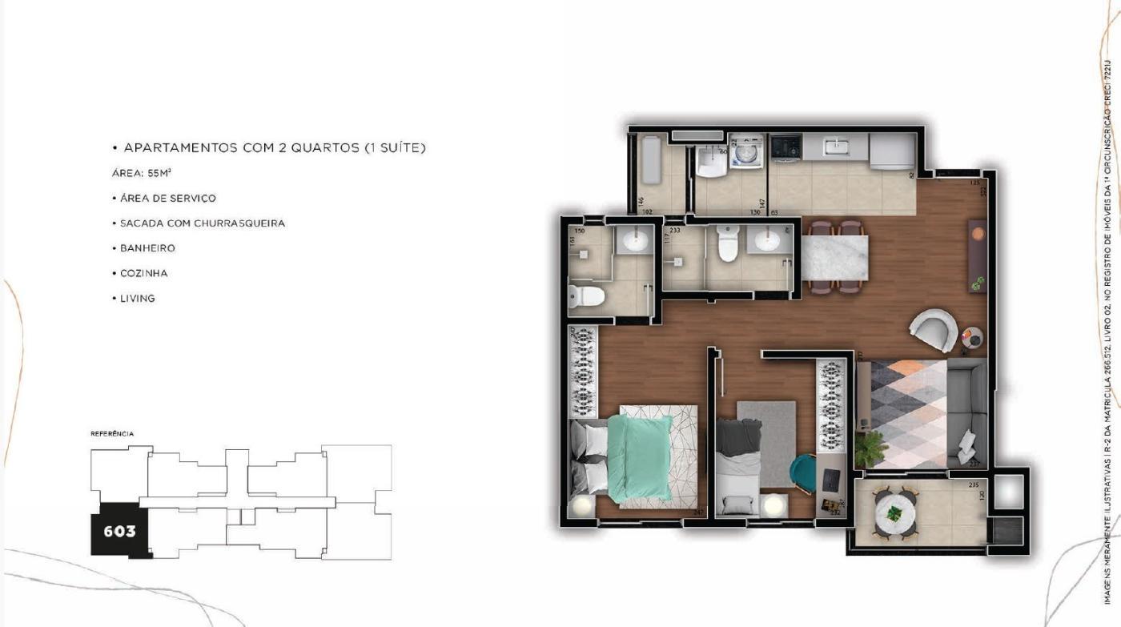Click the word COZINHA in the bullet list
pos(144,273)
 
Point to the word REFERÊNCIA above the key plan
pos(112,434)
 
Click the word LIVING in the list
pos(138,298)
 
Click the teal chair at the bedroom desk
pos(804,473)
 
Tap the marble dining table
pos(835,258)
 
